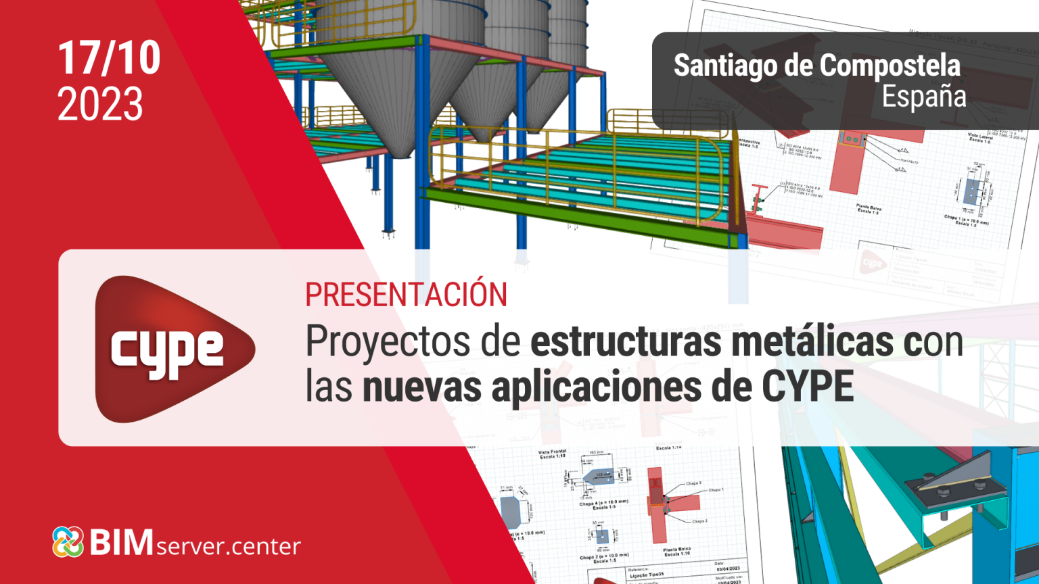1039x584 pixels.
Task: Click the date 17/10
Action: coord(109,58)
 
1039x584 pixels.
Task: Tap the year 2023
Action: coord(100,104)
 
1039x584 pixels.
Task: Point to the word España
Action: coord(923,96)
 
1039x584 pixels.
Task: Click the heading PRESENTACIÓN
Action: coord(406,295)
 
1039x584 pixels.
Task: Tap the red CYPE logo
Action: coord(172,349)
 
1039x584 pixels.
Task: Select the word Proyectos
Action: coord(388,342)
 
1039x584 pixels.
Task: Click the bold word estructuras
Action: coord(626,342)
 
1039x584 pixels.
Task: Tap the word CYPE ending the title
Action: coord(808,387)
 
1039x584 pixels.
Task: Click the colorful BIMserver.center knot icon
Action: coord(68,542)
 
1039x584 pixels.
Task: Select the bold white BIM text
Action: coord(122,542)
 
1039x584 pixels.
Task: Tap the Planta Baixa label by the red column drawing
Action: coord(676,551)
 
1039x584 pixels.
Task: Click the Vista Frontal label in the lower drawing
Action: coord(552,454)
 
